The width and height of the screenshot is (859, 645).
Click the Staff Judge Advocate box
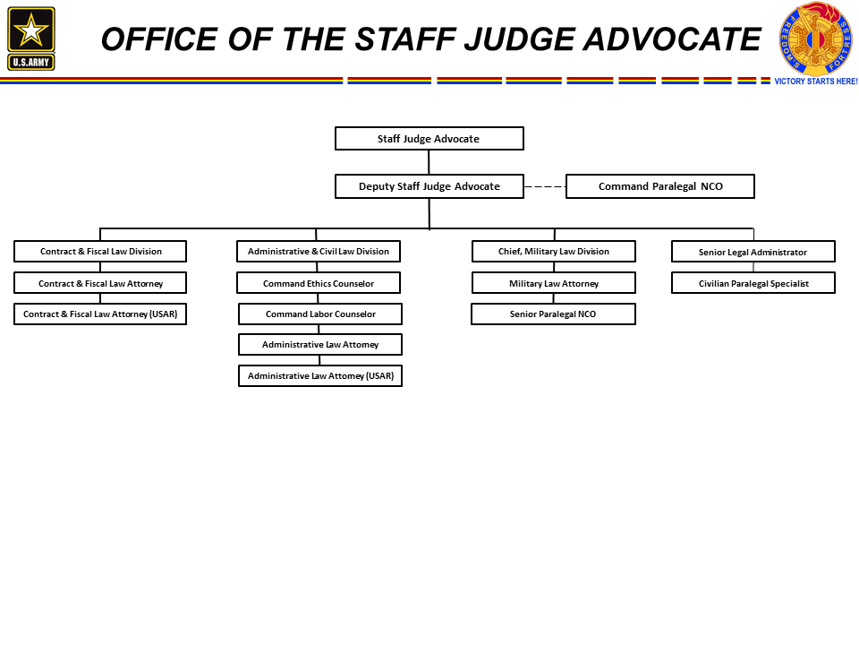[429, 138]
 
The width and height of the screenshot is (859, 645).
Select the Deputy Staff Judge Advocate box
[429, 186]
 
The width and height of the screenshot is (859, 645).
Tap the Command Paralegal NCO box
[660, 186]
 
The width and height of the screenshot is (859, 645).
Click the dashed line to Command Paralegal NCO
[545, 186]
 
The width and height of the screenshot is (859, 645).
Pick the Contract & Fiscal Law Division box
[100, 251]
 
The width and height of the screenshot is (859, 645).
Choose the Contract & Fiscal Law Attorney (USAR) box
[100, 314]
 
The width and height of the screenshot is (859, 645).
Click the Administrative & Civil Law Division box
[319, 251]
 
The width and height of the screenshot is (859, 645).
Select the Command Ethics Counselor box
[319, 283]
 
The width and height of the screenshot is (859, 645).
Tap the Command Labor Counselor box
[320, 314]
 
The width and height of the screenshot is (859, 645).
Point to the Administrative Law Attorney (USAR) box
[320, 375]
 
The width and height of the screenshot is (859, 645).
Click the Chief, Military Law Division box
[553, 251]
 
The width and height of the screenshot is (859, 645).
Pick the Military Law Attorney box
[553, 283]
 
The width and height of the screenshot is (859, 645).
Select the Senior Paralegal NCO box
[553, 314]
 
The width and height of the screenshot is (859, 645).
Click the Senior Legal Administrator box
[753, 252]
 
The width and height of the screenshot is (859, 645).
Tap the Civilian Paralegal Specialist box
[753, 283]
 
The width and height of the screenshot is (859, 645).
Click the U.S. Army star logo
[31, 39]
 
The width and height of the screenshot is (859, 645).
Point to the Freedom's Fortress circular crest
[816, 39]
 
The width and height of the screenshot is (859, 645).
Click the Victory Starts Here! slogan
[816, 82]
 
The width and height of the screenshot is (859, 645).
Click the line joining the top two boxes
[429, 162]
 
